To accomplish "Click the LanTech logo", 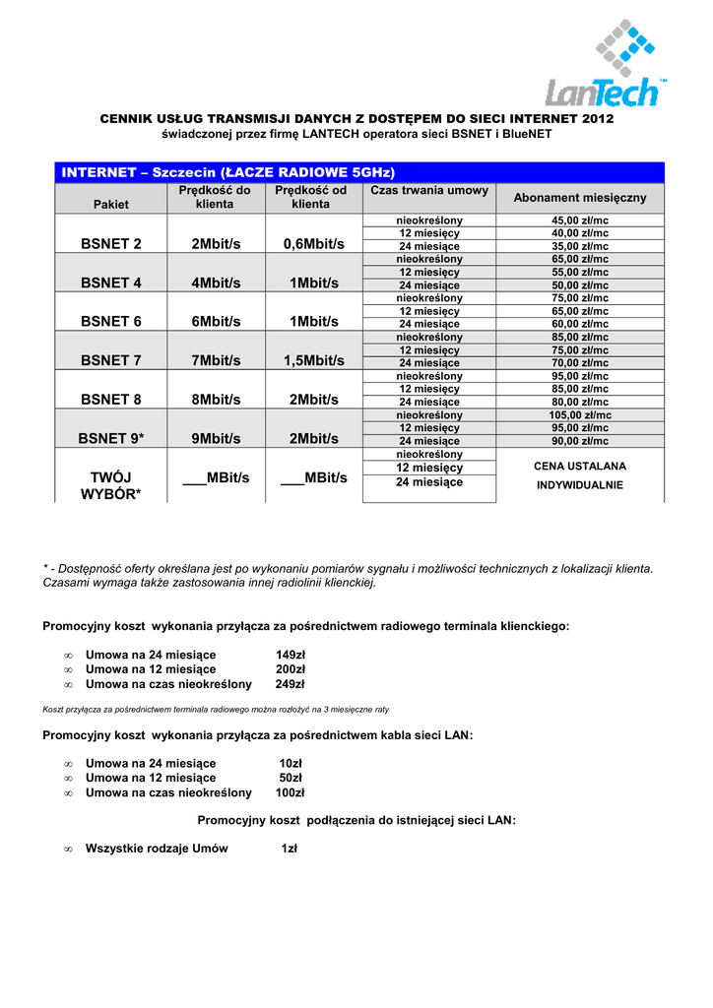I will pos(606,65).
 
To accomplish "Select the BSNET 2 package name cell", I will pos(111,244).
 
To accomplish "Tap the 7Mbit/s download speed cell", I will pos(216,360).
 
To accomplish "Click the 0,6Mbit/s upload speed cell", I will pos(313,244).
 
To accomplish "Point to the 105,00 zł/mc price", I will pos(580,415).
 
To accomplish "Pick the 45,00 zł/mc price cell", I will pos(580,220).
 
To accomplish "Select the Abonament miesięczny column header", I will pos(580,198).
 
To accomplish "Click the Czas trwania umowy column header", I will pos(428,190).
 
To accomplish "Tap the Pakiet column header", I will pos(111,204).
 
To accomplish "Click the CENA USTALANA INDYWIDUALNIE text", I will pos(580,474).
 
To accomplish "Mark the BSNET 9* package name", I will pos(111,438).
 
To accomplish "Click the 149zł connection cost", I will pos(291,655).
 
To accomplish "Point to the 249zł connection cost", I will pos(291,684).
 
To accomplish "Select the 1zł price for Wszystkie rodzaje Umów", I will pos(290,849).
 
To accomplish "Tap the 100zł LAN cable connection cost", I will pos(291,792).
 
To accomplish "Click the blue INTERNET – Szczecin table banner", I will pos(359,172).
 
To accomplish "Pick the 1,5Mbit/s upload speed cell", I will pos(313,360).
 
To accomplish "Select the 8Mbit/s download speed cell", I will pos(216,400).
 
